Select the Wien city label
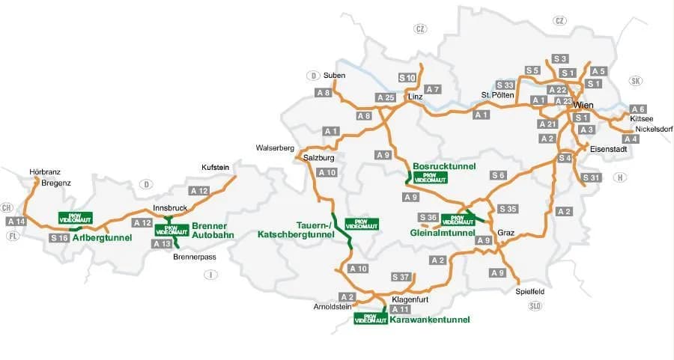coord(583,106)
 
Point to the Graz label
coord(506,231)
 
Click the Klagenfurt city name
coord(410,299)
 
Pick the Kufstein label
coord(215,167)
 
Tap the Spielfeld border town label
coord(529,291)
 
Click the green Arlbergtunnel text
coord(103,238)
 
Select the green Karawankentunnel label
coord(430,320)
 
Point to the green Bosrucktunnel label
coord(443,166)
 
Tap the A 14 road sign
coord(16,222)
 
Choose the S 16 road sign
coord(60,237)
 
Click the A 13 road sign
coord(162,244)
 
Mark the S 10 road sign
coord(407,78)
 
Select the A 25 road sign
coord(386,98)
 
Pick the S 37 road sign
coord(401,278)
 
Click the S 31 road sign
coord(592,177)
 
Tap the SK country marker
coord(637,81)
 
